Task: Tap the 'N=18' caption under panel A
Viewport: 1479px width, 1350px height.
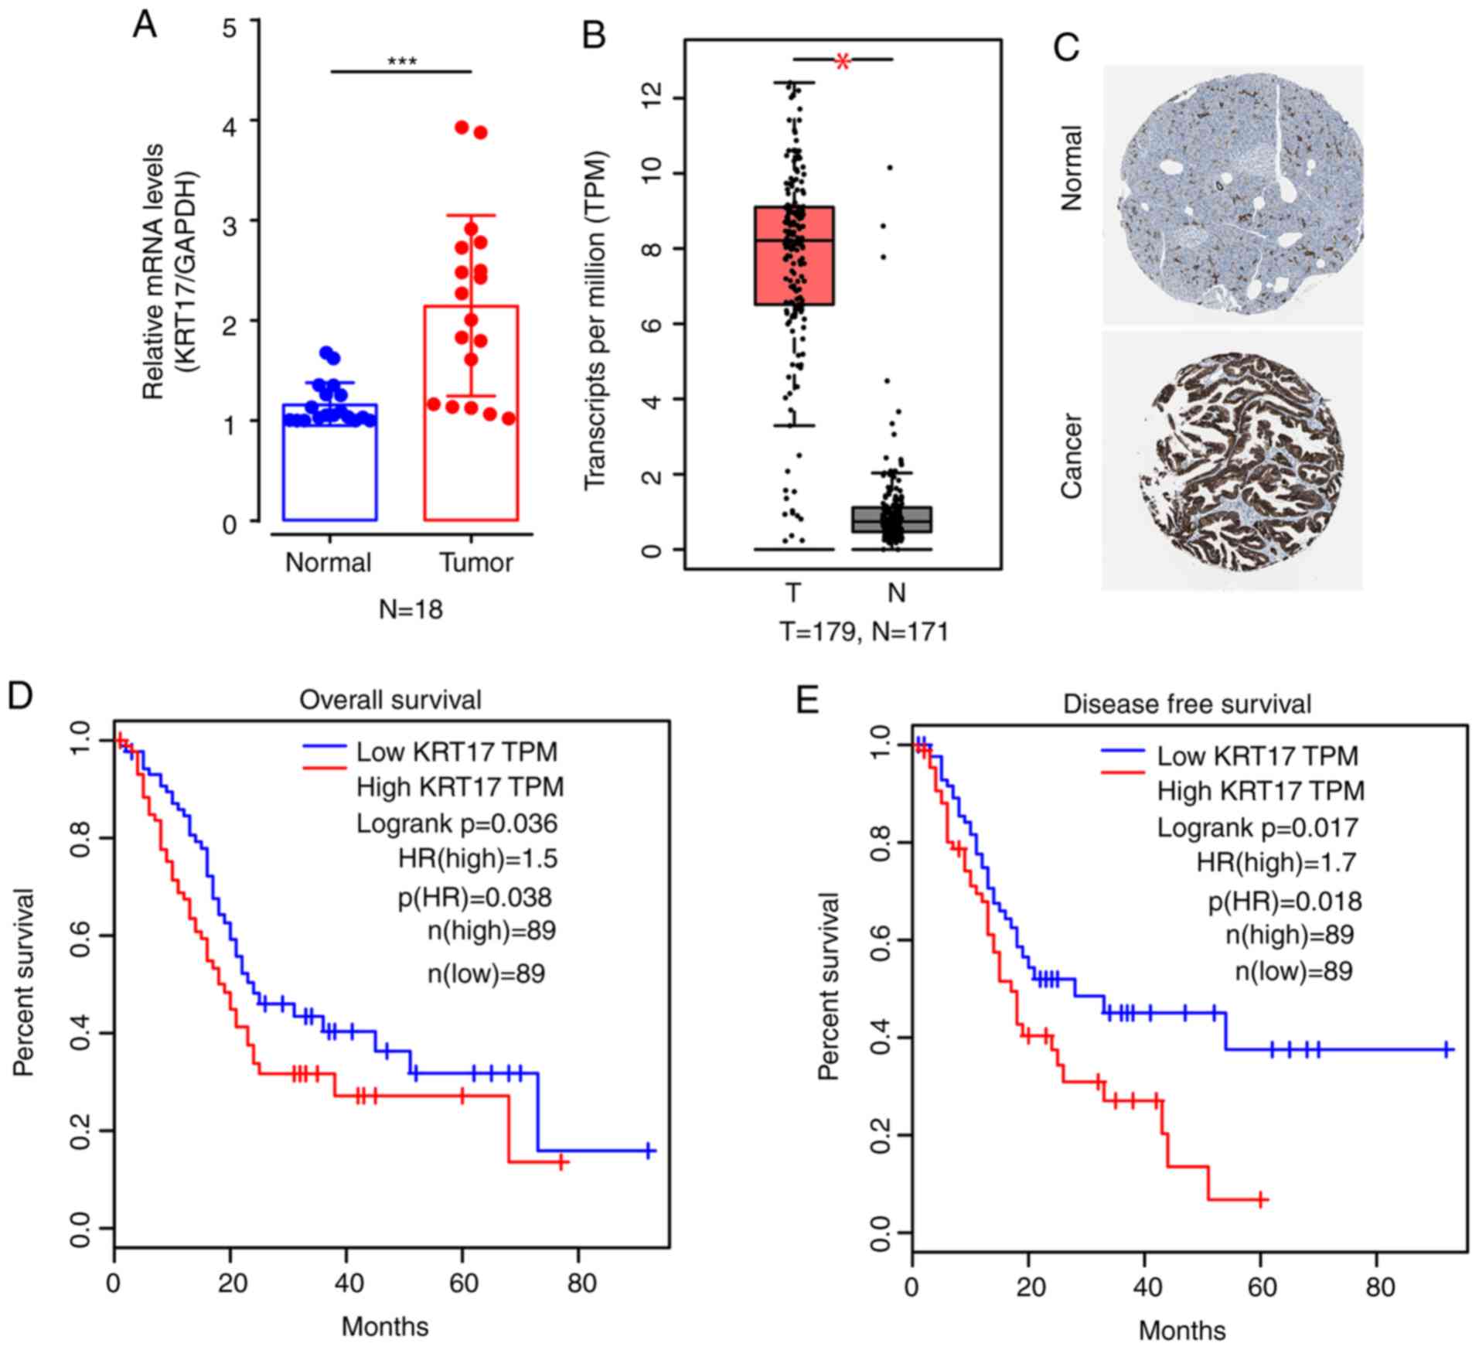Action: pyautogui.click(x=411, y=610)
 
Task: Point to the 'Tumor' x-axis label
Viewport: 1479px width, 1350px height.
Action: pyautogui.click(x=475, y=562)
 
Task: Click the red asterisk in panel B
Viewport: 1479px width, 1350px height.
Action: pyautogui.click(x=843, y=62)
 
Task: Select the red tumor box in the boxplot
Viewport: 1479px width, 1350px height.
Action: pyautogui.click(x=794, y=256)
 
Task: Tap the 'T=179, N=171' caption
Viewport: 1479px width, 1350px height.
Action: pyautogui.click(x=863, y=632)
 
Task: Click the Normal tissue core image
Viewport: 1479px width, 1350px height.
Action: pyautogui.click(x=1233, y=193)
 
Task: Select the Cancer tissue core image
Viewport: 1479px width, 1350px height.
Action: pyautogui.click(x=1233, y=462)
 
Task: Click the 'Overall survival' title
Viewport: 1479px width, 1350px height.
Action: pyautogui.click(x=390, y=700)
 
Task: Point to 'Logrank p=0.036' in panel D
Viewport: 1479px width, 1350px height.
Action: pyautogui.click(x=456, y=823)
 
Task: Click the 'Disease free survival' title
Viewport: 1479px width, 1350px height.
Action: pyautogui.click(x=1187, y=704)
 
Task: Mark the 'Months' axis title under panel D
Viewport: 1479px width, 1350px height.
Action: pyautogui.click(x=385, y=1326)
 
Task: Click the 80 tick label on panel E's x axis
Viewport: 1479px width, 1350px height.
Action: pyautogui.click(x=1380, y=1287)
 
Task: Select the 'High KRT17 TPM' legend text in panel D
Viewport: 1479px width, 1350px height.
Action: pyautogui.click(x=460, y=787)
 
